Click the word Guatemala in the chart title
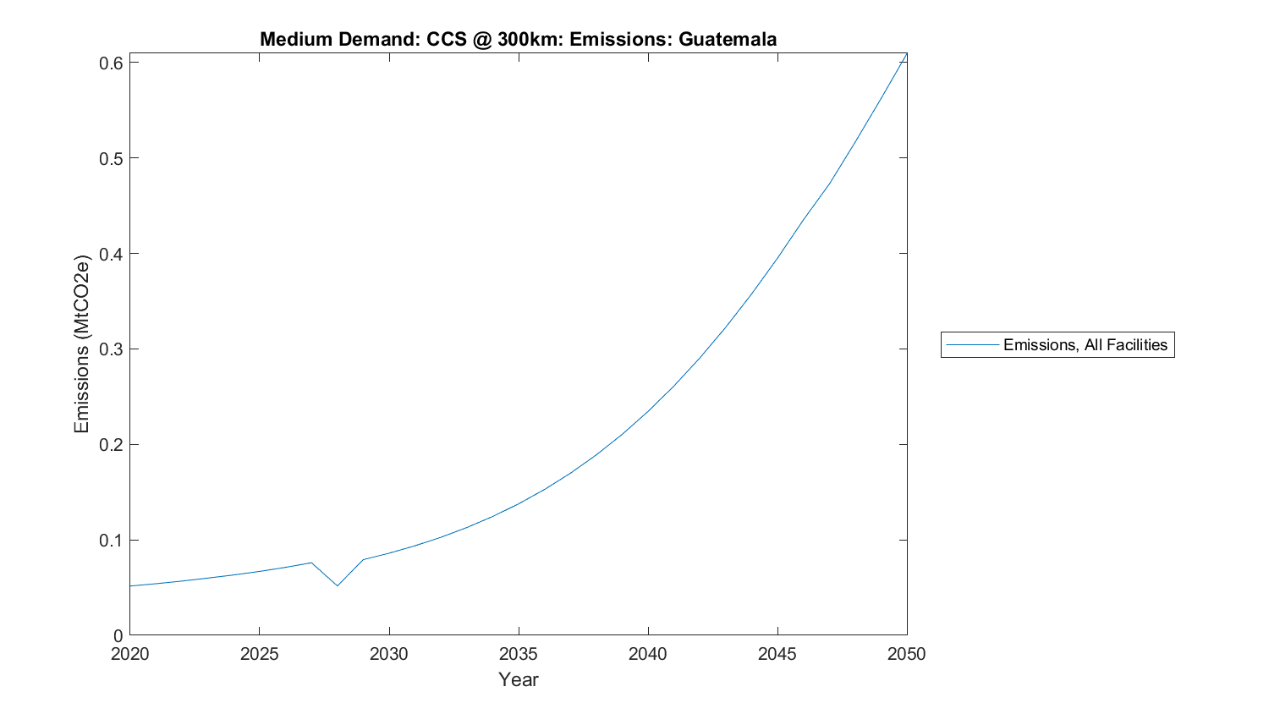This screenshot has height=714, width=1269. [x=728, y=39]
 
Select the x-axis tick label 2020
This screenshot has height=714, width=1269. [x=129, y=654]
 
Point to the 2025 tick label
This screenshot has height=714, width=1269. [x=259, y=654]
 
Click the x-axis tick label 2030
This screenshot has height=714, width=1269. [x=388, y=654]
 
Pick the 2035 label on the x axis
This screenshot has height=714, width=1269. [x=518, y=654]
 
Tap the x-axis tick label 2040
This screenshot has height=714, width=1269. [x=648, y=654]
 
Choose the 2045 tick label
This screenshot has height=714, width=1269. [x=777, y=654]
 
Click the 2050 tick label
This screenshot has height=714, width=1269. [x=907, y=654]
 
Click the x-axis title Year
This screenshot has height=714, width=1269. [x=518, y=680]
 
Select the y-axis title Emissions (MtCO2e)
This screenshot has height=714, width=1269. [x=81, y=343]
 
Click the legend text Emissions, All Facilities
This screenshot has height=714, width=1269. [x=1085, y=345]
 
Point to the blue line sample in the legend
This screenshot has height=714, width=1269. [x=972, y=345]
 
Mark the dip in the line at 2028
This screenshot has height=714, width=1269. [x=337, y=585]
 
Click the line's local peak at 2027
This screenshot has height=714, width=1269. [x=311, y=563]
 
